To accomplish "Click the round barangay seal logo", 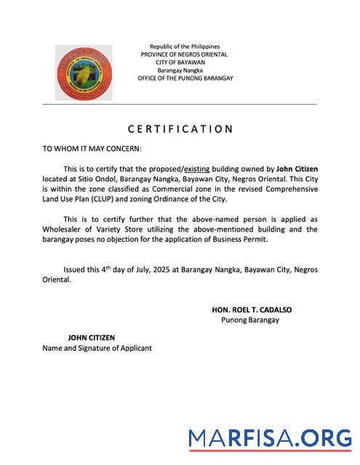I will point(84,73).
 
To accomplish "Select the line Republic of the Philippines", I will point(184,46).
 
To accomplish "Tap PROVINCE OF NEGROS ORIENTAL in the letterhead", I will point(184,54).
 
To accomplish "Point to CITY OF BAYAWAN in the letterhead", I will point(184,62).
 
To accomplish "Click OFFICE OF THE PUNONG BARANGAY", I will point(185,78).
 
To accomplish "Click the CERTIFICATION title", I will point(180,129).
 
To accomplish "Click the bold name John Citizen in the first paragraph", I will point(297,169).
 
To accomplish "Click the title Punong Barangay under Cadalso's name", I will point(249,320).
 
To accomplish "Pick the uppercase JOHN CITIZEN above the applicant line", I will point(92,338).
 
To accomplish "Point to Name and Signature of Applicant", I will point(97,348).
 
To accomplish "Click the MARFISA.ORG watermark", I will point(270,438).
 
